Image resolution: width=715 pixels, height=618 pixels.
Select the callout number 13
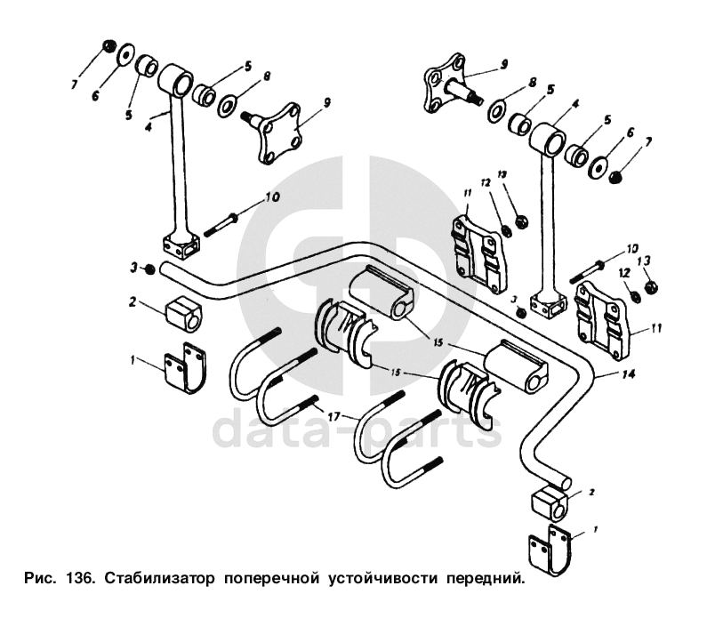tap(647, 260)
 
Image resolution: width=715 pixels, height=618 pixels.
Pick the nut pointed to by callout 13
tap(650, 286)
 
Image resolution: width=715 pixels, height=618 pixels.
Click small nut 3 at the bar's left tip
tap(149, 269)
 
